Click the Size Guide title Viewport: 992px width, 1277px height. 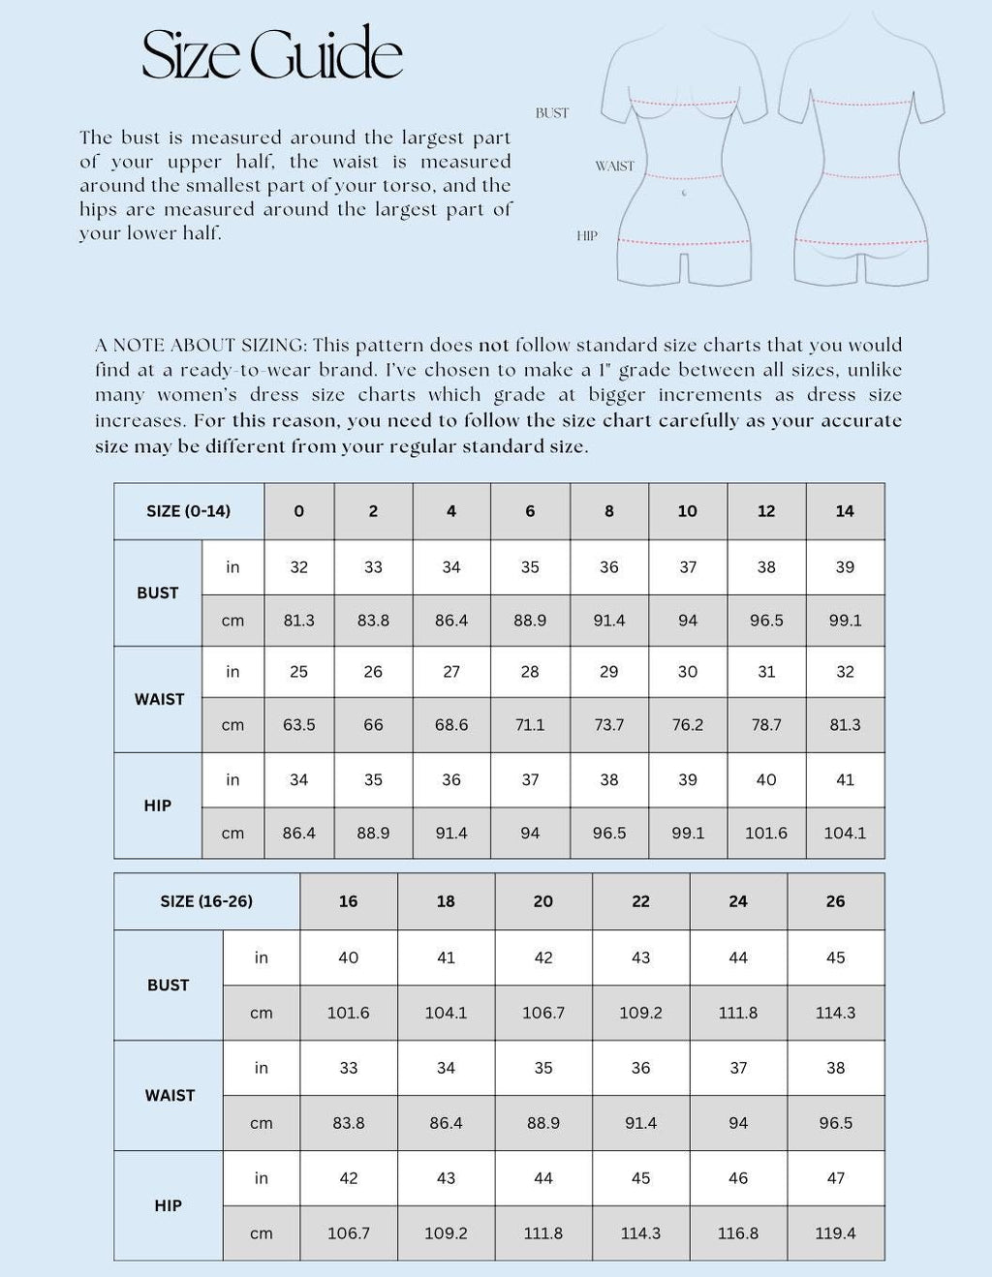click(x=272, y=54)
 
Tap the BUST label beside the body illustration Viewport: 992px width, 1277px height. click(x=552, y=113)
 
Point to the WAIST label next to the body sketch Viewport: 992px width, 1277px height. click(x=614, y=167)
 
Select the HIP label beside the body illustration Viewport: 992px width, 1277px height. click(x=587, y=236)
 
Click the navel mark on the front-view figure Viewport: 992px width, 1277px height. click(x=685, y=193)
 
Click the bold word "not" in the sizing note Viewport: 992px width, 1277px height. click(x=493, y=345)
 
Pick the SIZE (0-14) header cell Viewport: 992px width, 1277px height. click(x=189, y=511)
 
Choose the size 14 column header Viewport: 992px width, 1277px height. click(x=845, y=511)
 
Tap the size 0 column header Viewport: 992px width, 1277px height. click(x=298, y=511)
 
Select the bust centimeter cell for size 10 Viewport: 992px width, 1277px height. click(x=688, y=621)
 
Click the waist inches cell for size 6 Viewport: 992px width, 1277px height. click(x=530, y=672)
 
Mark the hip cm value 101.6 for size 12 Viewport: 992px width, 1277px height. click(x=766, y=833)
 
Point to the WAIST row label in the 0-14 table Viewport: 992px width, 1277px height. click(x=159, y=699)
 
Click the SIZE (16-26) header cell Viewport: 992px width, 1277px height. click(x=206, y=901)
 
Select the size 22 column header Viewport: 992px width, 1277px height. click(x=640, y=901)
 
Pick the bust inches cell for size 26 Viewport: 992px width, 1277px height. click(x=835, y=958)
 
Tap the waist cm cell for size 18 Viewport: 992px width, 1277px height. click(x=446, y=1123)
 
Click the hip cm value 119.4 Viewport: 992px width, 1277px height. click(x=835, y=1233)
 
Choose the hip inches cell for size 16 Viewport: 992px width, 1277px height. click(x=349, y=1178)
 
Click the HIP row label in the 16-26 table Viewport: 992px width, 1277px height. click(x=169, y=1205)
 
